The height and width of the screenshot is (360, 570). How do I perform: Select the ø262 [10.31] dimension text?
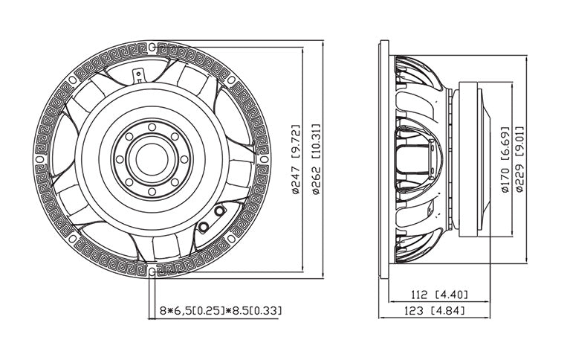tap(316, 159)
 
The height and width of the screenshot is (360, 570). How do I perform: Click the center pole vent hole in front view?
tap(152, 158)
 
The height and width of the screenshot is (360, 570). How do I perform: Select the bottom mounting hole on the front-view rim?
tap(152, 271)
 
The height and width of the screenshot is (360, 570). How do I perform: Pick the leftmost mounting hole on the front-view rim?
tap(39, 158)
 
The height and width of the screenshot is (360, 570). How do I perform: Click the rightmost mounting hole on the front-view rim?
tap(265, 158)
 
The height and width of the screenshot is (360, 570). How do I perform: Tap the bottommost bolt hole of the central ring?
tap(152, 191)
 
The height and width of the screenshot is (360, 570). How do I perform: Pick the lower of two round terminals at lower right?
tap(204, 226)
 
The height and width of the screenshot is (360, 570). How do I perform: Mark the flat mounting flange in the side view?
tap(385, 158)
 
